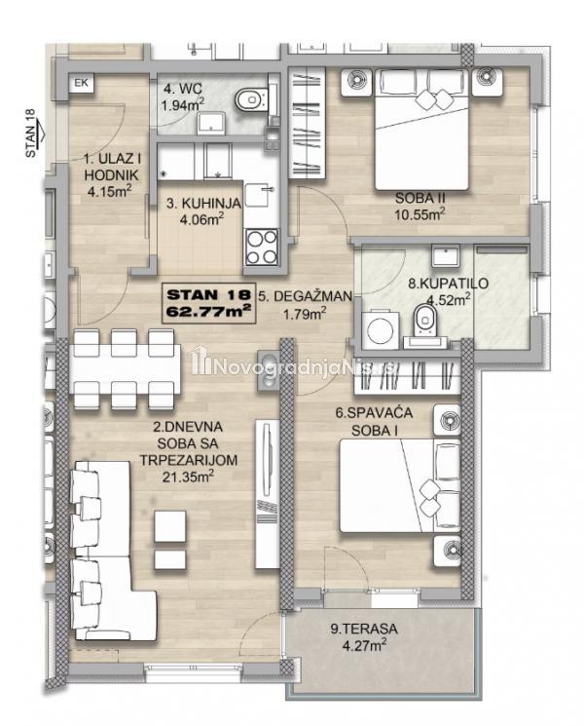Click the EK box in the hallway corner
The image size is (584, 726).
pos(82,84)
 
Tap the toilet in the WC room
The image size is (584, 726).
pos(251,98)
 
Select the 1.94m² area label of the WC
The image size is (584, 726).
pos(183,105)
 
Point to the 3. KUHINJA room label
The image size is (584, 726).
pos(203,203)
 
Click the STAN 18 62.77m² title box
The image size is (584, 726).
pos(208,303)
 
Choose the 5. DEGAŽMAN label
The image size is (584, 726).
pos(306,296)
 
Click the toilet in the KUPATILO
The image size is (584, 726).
pos(425,320)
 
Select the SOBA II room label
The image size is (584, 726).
pos(420,198)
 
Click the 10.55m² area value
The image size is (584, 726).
pos(420,214)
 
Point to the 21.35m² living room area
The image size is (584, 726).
pos(188,476)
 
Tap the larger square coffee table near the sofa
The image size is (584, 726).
pos(170,526)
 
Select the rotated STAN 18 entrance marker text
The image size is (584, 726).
pos(30,133)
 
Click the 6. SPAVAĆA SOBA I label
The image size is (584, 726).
pos(375,421)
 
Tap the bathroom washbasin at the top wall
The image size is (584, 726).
pos(446,255)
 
